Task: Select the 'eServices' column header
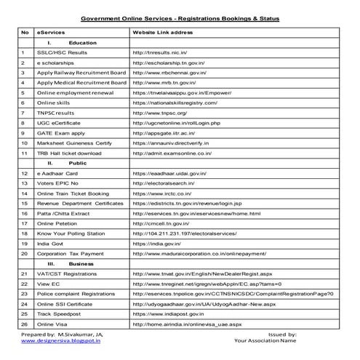tap(50, 33)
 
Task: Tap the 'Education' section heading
tap(81, 43)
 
